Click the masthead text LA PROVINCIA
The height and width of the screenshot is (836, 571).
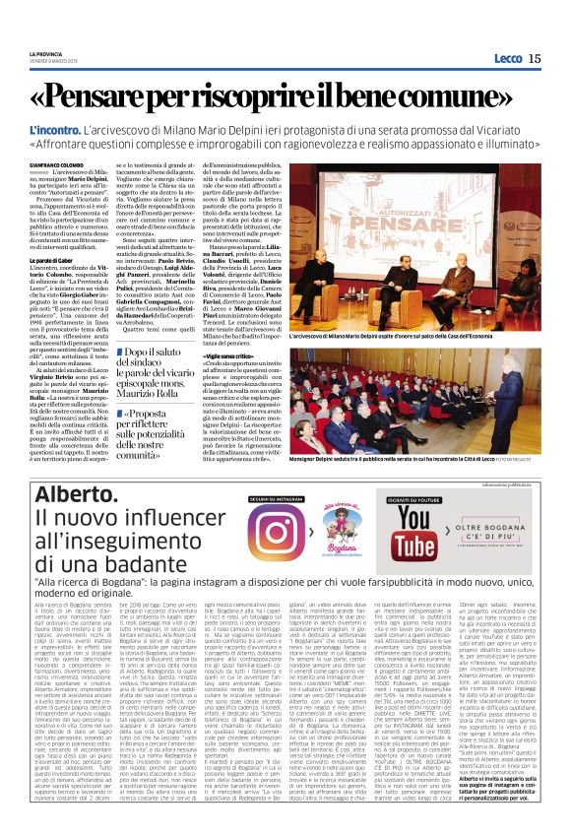click(44, 53)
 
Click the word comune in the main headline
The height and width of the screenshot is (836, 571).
click(448, 96)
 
